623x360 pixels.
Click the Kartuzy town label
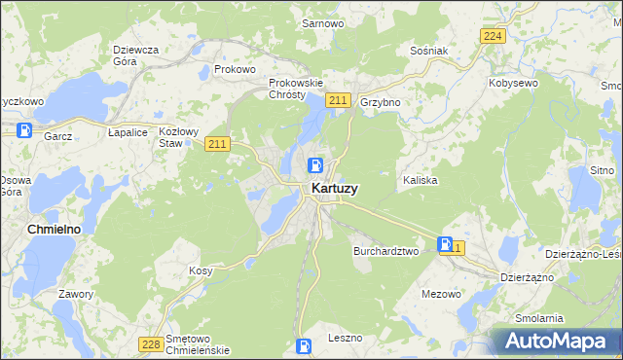pos(333,189)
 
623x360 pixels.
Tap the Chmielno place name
pos(47,228)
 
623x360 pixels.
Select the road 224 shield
pos(493,36)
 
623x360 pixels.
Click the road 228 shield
pos(150,343)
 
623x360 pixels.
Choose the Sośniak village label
pos(428,51)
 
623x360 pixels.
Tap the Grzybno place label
pos(381,101)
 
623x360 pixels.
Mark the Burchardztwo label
pos(385,250)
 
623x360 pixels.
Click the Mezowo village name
pos(441,293)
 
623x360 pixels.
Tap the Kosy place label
pos(201,270)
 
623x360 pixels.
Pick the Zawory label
pos(76,294)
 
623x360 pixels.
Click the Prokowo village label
pos(235,70)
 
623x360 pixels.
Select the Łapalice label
pos(128,131)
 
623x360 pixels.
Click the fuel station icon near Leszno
pos(304,345)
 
